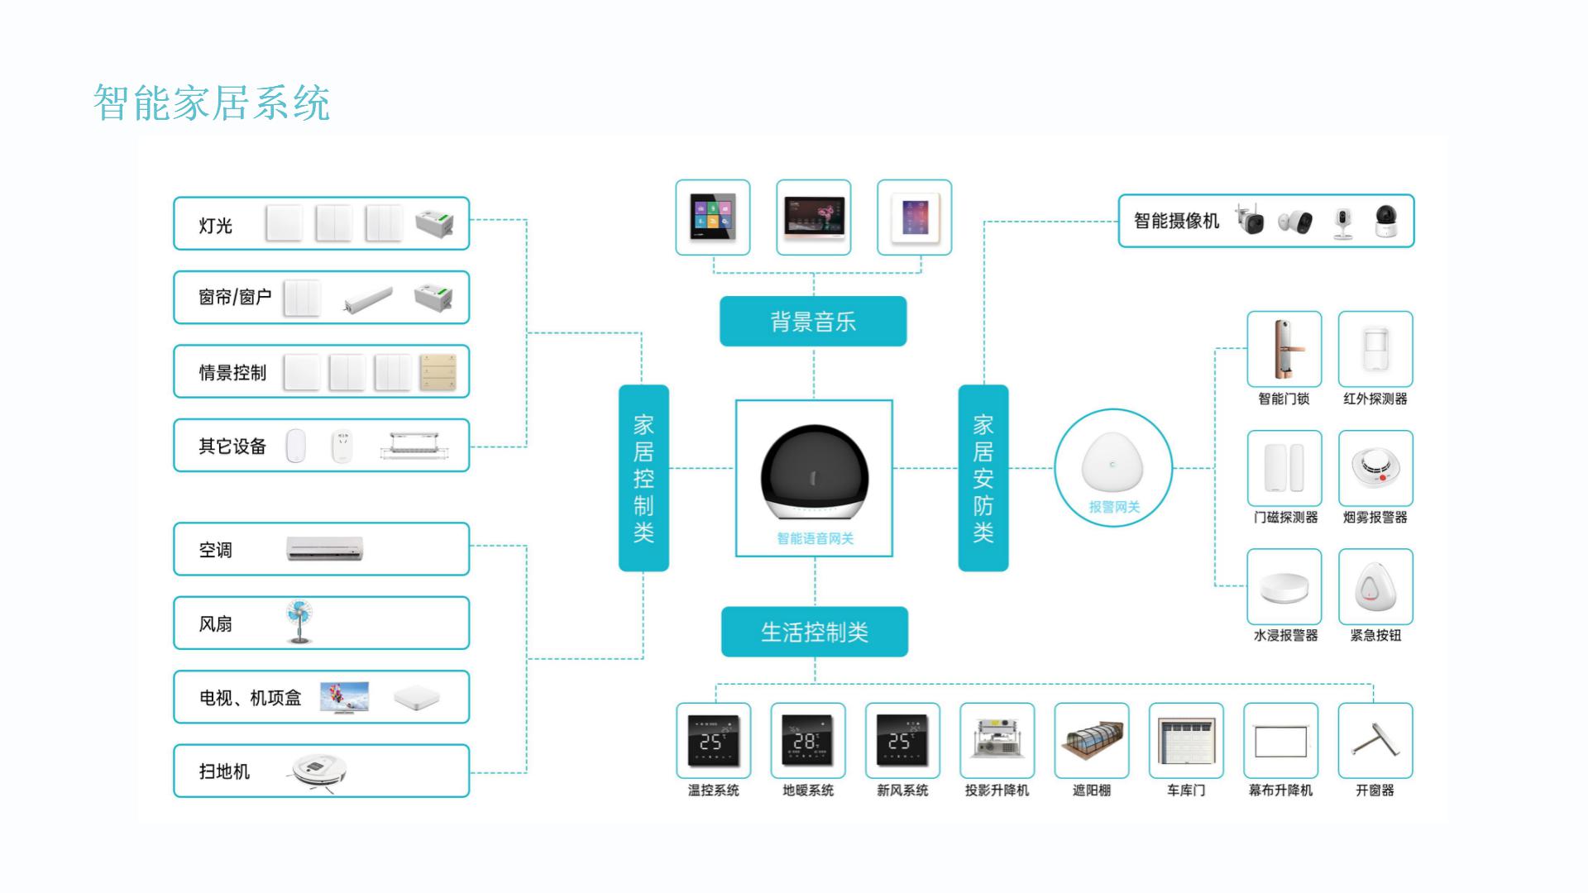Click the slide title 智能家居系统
(212, 103)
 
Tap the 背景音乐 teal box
(813, 322)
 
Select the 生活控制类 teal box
(814, 633)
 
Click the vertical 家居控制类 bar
(643, 478)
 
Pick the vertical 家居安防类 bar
(983, 478)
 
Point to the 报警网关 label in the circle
(1113, 507)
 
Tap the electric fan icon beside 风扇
(299, 622)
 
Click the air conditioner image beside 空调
(324, 548)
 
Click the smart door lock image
(1284, 349)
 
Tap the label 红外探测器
(1375, 399)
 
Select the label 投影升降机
(997, 790)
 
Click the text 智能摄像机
(1176, 221)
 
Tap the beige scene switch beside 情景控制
(438, 372)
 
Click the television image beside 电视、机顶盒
(344, 697)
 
